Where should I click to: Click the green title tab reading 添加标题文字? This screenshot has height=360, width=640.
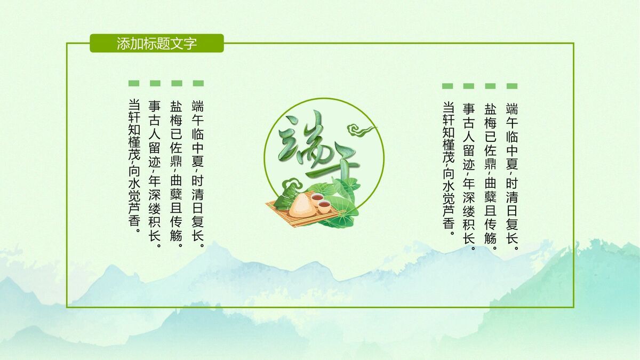coord(156,43)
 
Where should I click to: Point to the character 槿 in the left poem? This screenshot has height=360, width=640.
coord(134,145)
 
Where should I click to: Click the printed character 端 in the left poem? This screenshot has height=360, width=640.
coord(198,105)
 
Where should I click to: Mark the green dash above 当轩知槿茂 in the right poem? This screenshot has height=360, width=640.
coord(447,86)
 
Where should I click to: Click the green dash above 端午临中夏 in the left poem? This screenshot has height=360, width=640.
coord(198,83)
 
